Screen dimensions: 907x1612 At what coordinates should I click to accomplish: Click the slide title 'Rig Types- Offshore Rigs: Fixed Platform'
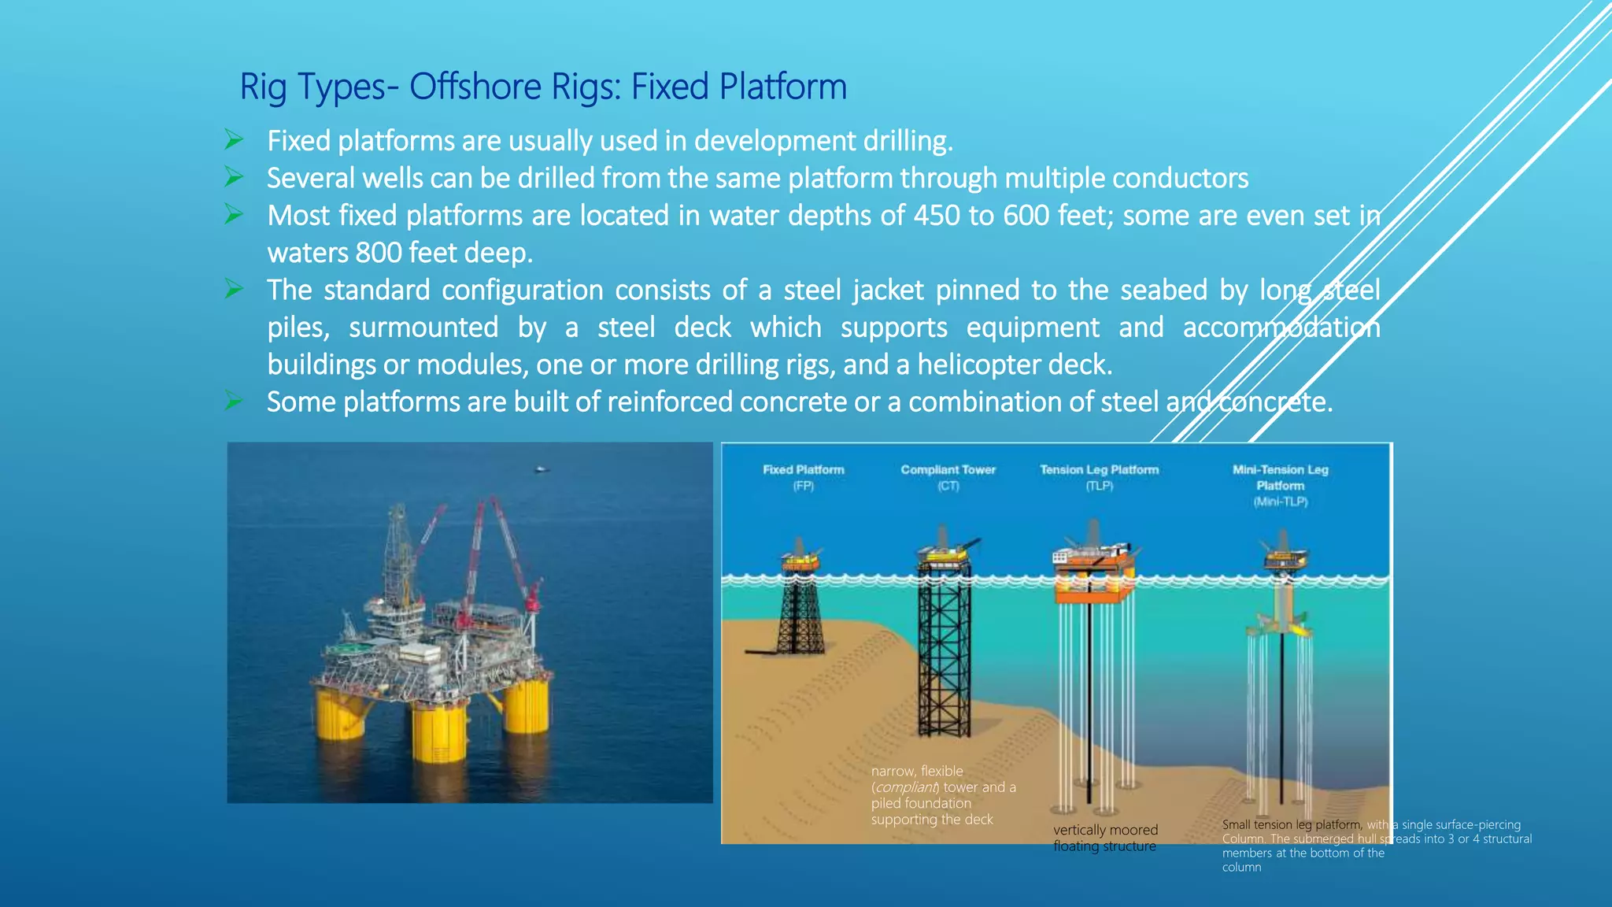point(543,87)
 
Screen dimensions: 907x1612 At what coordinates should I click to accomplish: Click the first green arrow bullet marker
point(234,140)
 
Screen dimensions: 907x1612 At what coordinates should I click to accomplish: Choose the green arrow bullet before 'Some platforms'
point(234,401)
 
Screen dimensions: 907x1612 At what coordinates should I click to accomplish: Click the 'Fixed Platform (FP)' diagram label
point(803,477)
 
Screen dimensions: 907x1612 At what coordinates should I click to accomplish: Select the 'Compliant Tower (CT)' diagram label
point(948,477)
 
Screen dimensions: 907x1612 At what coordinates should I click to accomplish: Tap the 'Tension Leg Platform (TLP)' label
point(1099,477)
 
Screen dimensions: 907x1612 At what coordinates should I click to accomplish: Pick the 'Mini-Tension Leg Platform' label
point(1280,485)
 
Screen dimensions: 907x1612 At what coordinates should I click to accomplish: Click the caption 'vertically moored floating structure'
point(1105,838)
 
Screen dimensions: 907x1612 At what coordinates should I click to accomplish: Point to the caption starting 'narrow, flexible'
point(943,795)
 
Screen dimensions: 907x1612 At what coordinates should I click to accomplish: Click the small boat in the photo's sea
point(542,470)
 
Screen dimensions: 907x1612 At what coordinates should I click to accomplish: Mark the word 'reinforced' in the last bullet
point(669,402)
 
